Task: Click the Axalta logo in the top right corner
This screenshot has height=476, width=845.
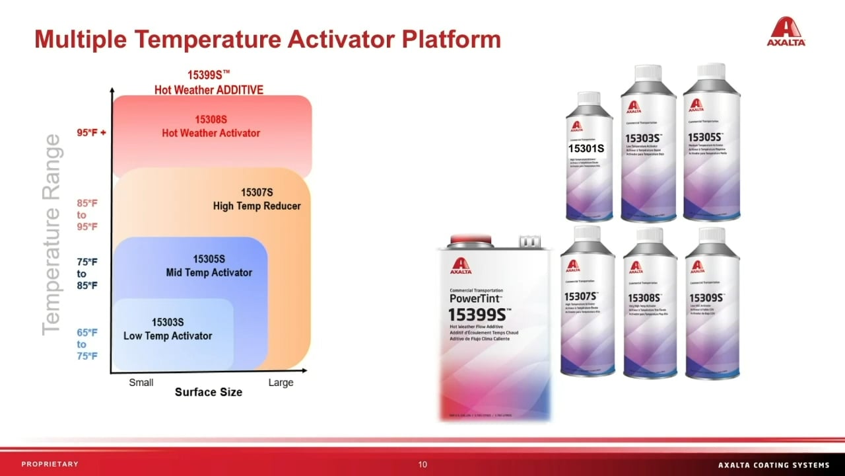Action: (x=786, y=32)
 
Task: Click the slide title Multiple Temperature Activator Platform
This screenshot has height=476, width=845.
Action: (x=267, y=40)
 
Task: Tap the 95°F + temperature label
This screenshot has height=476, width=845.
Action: (x=91, y=132)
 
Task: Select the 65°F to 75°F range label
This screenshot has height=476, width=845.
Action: (x=86, y=344)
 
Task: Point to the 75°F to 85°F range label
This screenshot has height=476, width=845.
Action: (x=86, y=274)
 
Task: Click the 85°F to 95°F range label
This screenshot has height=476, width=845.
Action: (x=86, y=215)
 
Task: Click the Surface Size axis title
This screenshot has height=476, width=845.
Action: (x=208, y=392)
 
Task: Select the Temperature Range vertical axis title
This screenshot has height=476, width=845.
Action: (x=51, y=235)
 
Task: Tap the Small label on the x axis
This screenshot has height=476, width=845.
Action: (x=141, y=382)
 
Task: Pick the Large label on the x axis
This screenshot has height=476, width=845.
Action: (x=281, y=382)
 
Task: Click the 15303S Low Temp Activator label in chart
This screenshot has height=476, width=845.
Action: (x=168, y=329)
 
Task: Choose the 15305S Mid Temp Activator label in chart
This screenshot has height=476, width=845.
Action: (x=209, y=266)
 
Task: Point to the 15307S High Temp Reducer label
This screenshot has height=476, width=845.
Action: (x=256, y=199)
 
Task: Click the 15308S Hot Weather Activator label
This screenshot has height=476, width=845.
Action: (x=211, y=126)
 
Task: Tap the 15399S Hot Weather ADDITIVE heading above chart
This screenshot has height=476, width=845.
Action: (x=209, y=83)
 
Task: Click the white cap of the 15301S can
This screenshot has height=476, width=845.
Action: (x=589, y=99)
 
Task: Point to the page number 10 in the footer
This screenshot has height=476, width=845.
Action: (x=422, y=464)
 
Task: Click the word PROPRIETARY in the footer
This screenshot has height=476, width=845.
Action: (x=50, y=464)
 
